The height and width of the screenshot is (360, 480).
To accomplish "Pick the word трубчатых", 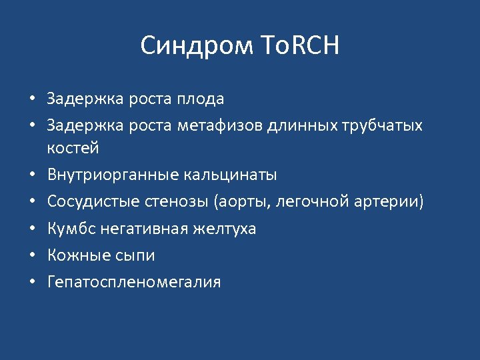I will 382,126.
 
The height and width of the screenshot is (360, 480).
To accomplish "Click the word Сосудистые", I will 86,202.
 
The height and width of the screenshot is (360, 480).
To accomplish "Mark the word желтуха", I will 224,229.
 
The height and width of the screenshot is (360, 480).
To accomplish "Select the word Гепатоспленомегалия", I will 133,282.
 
